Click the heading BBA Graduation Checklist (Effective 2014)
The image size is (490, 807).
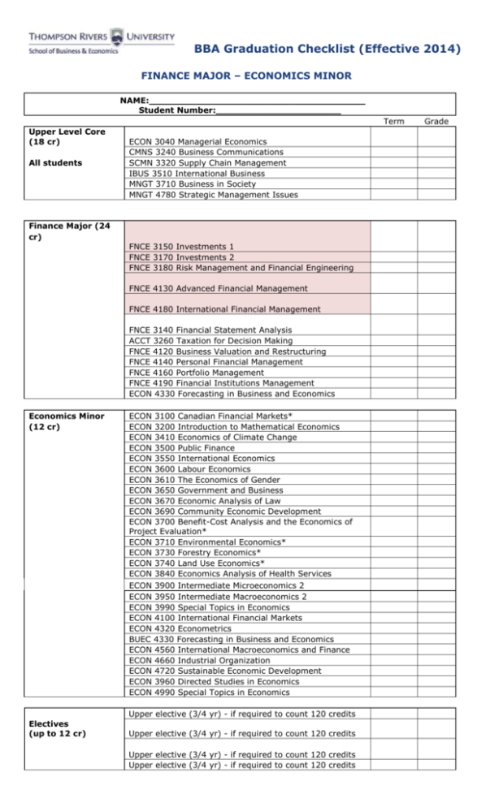(x=327, y=50)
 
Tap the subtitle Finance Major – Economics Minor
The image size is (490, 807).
(x=246, y=76)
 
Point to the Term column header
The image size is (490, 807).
(x=393, y=121)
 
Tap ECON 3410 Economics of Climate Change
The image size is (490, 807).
(x=213, y=438)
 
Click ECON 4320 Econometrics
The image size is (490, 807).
(x=180, y=628)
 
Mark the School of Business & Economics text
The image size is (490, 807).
(x=73, y=50)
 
